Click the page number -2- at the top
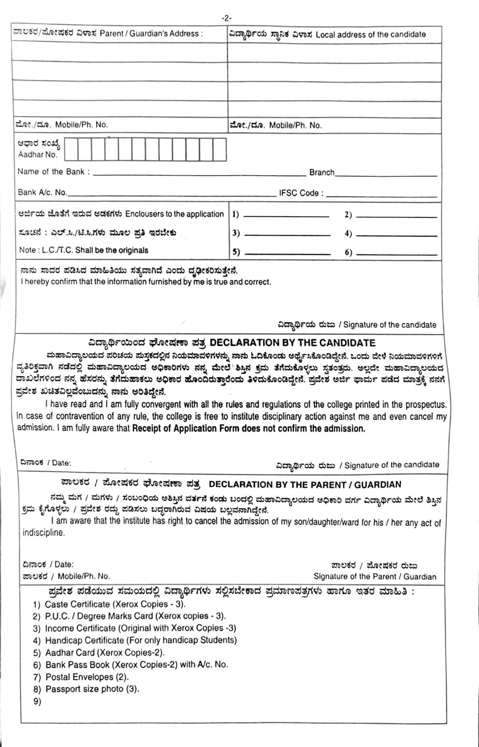pyautogui.click(x=226, y=18)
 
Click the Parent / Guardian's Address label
pyautogui.click(x=151, y=34)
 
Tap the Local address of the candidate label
pyautogui.click(x=371, y=34)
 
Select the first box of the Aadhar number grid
pyautogui.click(x=72, y=149)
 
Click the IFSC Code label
pyautogui.click(x=301, y=193)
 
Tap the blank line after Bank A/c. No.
pyautogui.click(x=171, y=195)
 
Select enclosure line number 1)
pyautogui.click(x=286, y=215)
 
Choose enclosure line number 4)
pyautogui.click(x=396, y=234)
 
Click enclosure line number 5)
pyautogui.click(x=287, y=253)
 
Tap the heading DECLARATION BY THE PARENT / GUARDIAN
pyautogui.click(x=305, y=484)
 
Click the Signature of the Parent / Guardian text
pyautogui.click(x=375, y=576)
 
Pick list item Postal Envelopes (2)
pyautogui.click(x=87, y=677)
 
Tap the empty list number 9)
pyautogui.click(x=37, y=701)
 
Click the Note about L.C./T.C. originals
pyautogui.click(x=83, y=250)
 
